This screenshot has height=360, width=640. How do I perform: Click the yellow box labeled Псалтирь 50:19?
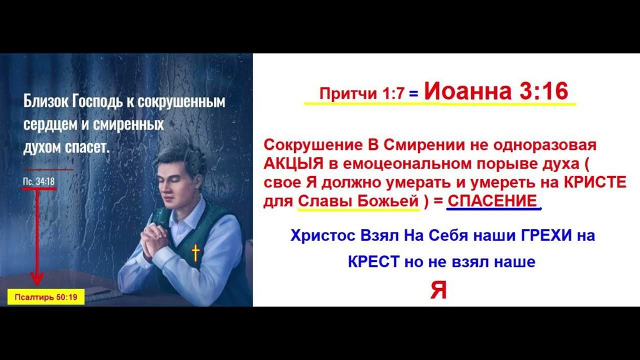(x=46, y=297)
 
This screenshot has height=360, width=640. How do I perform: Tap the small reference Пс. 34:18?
(x=39, y=181)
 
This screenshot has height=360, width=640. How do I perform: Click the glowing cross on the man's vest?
(x=195, y=253)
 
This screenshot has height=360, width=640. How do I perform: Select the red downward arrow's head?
(x=37, y=278)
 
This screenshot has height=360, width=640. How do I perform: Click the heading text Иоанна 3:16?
(x=496, y=91)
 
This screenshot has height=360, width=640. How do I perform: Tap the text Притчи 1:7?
(x=362, y=93)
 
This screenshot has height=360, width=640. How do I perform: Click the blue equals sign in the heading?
(x=413, y=93)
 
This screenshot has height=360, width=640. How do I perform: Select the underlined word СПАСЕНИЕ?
(x=492, y=201)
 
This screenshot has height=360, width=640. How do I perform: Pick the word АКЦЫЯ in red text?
(x=293, y=163)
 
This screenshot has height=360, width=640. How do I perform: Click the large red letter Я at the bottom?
(x=438, y=289)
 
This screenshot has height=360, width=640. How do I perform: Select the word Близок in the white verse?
(x=45, y=101)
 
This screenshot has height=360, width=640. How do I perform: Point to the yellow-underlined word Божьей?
(x=388, y=201)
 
